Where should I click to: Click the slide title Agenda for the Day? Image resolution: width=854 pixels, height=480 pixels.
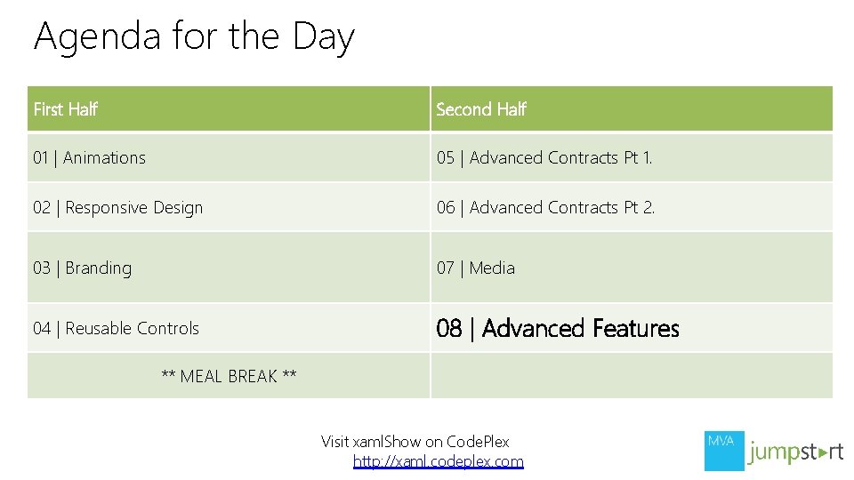pos(194,37)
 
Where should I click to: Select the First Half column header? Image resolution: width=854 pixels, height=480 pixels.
pos(65,109)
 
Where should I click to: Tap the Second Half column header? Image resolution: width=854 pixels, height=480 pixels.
pos(481,109)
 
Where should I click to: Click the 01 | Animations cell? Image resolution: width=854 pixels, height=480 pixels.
pos(89,158)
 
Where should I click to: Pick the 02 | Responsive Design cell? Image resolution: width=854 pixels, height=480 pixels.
pos(117,208)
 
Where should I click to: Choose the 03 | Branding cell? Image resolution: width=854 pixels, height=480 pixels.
pos(82,268)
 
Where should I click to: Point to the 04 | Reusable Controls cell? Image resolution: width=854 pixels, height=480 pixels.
pos(116,329)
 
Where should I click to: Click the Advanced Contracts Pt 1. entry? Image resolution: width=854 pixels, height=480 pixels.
pos(560,158)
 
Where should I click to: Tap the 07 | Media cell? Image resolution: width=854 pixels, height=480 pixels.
pos(475,268)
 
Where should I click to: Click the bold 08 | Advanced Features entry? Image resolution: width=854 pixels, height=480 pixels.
pos(557,329)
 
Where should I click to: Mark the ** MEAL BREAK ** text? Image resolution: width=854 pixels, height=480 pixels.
pos(229,377)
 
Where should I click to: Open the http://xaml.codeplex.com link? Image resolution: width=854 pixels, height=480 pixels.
pos(439,461)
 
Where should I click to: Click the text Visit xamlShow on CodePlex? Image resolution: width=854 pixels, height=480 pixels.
pos(415,442)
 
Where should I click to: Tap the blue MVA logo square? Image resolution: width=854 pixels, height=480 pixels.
pos(724,451)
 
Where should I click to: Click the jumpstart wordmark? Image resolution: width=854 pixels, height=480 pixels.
pos(795,452)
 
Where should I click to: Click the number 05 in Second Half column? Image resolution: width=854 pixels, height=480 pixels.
pos(445,158)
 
